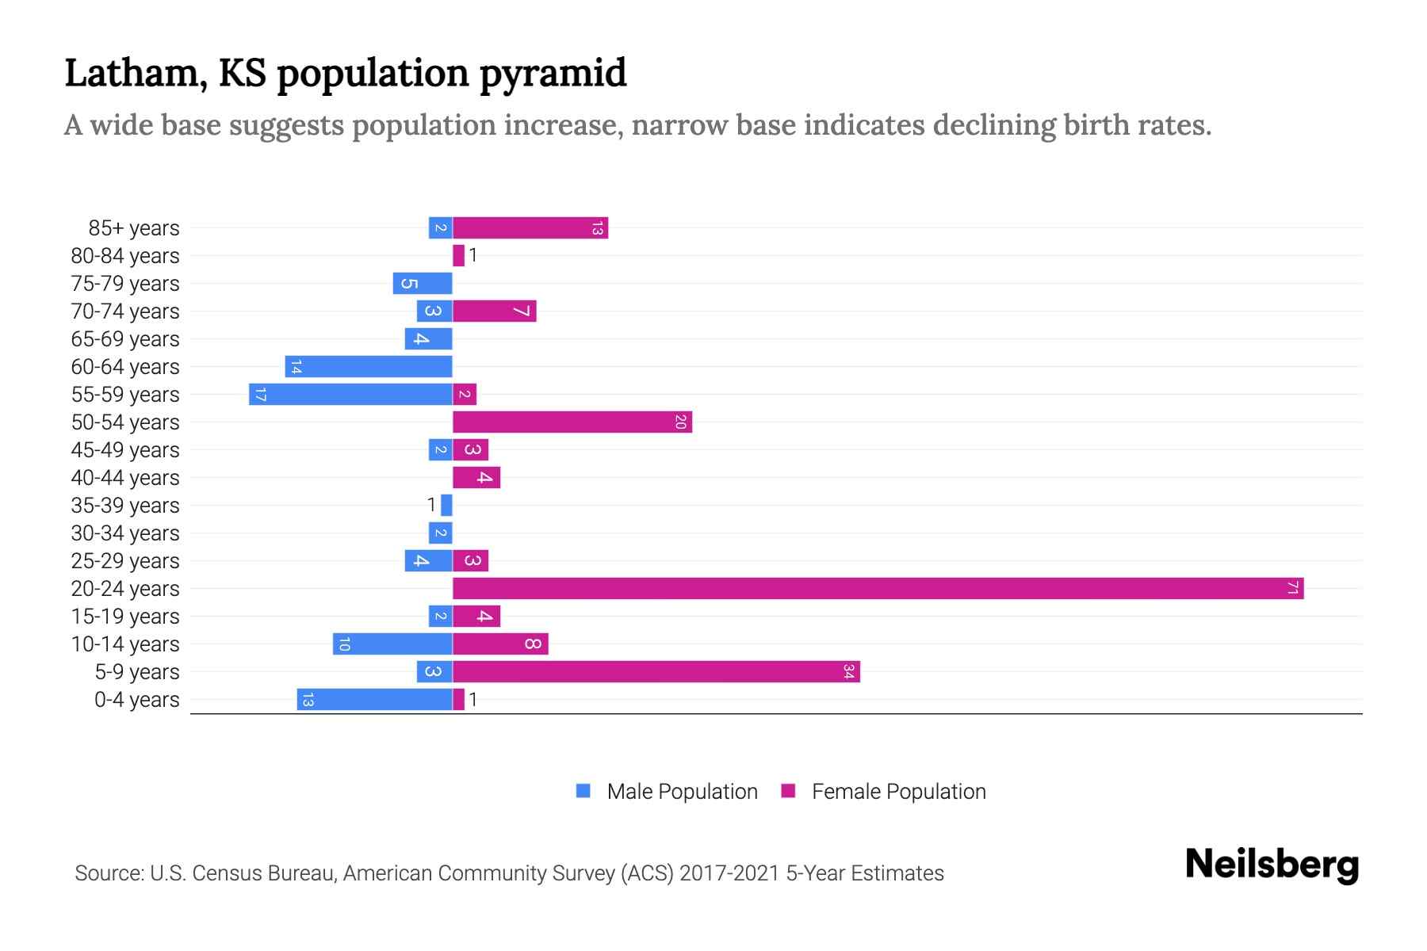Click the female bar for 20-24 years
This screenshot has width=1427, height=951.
pyautogui.click(x=878, y=588)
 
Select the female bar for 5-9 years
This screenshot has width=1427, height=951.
pyautogui.click(x=656, y=671)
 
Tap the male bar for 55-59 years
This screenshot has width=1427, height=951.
pyautogui.click(x=350, y=394)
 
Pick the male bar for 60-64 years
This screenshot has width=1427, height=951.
pyautogui.click(x=369, y=366)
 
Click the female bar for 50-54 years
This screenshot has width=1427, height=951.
pyautogui.click(x=572, y=422)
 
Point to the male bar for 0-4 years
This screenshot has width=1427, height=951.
pyautogui.click(x=374, y=699)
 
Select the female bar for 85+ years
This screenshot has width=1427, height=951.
pyautogui.click(x=530, y=227)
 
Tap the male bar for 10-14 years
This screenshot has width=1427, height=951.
pyautogui.click(x=392, y=644)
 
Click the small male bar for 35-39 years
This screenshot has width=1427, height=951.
pyautogui.click(x=446, y=505)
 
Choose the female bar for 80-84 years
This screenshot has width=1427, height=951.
pyautogui.click(x=458, y=255)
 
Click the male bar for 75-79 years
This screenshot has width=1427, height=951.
pyautogui.click(x=422, y=283)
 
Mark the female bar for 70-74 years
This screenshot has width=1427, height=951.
pyautogui.click(x=494, y=311)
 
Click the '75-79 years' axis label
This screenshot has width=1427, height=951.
pyautogui.click(x=125, y=283)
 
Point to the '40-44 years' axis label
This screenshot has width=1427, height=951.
pyautogui.click(x=125, y=477)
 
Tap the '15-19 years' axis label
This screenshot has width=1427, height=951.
pyautogui.click(x=125, y=616)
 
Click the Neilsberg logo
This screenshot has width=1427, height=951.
pyautogui.click(x=1271, y=864)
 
